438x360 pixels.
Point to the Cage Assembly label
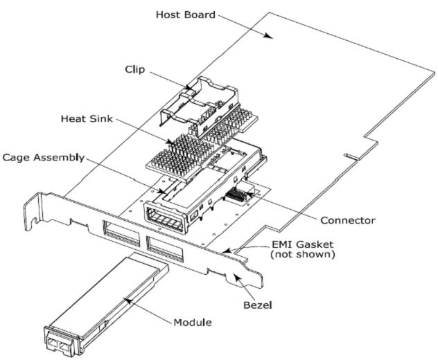pyautogui.click(x=43, y=158)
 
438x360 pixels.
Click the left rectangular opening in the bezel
pyautogui.click(x=118, y=231)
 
